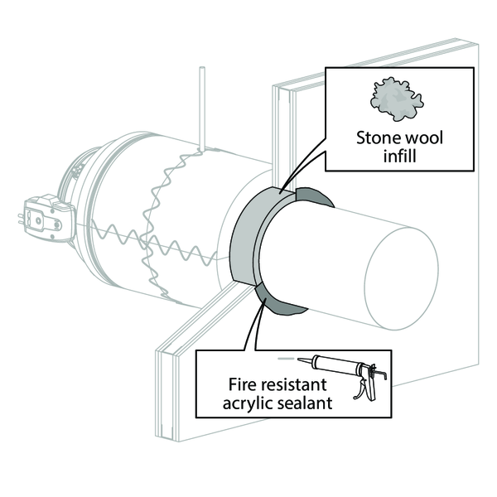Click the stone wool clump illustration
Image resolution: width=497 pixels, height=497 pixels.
[396, 99]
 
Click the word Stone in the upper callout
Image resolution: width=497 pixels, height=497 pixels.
[375, 138]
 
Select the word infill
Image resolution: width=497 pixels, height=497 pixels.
[399, 156]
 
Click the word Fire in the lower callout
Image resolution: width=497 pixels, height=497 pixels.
[242, 384]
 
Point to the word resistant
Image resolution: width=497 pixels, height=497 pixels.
[292, 385]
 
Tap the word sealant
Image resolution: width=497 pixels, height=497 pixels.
[305, 403]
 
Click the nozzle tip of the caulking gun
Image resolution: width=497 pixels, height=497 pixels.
[298, 359]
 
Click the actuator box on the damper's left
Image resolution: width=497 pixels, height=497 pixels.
[47, 218]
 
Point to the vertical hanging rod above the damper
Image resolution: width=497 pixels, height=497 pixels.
[202, 108]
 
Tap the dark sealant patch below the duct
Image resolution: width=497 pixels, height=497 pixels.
[275, 302]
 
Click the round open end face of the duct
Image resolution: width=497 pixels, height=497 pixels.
[401, 279]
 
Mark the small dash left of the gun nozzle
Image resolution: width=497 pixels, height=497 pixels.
[286, 359]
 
